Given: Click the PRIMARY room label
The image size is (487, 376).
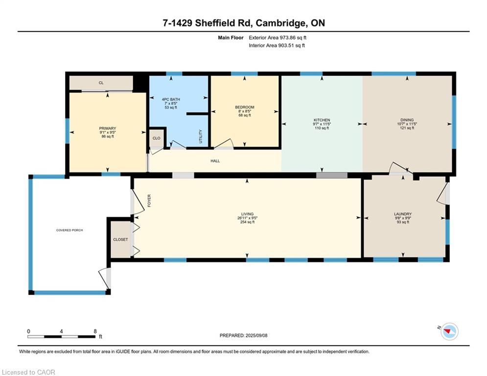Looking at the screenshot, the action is click(x=108, y=128).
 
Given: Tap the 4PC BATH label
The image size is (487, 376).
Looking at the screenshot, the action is click(x=171, y=99).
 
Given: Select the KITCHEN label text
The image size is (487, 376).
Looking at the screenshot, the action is click(x=322, y=120).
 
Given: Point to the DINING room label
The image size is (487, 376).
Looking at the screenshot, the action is click(x=407, y=120).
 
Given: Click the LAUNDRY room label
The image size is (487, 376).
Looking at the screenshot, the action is click(x=403, y=214).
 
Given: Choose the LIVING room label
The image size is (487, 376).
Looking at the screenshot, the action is click(x=247, y=214).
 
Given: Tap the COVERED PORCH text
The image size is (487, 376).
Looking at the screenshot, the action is click(x=70, y=230).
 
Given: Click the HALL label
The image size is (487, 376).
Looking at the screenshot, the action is click(x=215, y=161).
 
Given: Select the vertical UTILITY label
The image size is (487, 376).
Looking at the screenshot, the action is click(x=201, y=137).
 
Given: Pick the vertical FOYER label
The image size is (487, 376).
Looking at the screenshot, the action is click(x=149, y=201).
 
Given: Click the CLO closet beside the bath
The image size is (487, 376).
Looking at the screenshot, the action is click(x=157, y=138).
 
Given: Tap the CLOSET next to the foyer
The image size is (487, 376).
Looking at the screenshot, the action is click(x=120, y=239).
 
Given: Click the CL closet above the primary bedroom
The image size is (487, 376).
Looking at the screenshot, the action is click(x=101, y=83).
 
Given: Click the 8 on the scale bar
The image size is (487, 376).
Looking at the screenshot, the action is click(x=95, y=331).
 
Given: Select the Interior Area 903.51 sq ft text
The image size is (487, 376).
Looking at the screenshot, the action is click(x=277, y=46).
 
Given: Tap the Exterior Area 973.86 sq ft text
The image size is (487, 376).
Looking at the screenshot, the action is click(x=278, y=38).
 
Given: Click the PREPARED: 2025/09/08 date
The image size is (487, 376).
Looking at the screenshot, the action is click(x=244, y=335).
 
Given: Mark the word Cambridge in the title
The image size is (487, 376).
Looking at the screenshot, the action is click(x=279, y=23).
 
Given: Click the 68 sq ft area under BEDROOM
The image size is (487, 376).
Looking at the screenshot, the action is click(x=245, y=115).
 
